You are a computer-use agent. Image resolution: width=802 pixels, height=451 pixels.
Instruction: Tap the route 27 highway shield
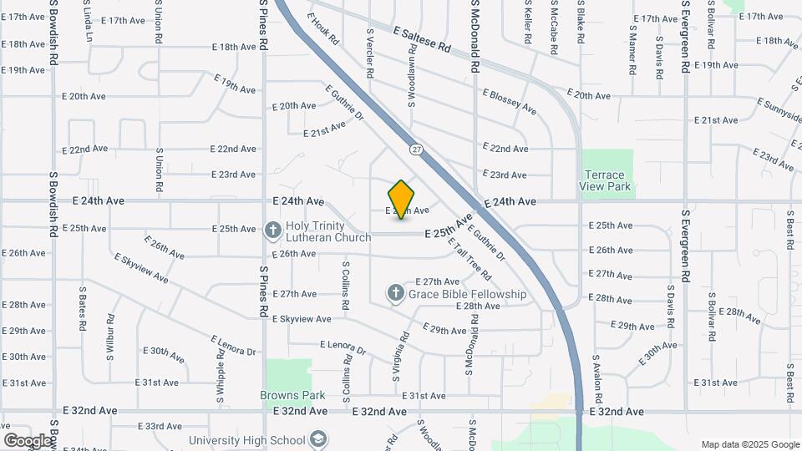click(x=415, y=148)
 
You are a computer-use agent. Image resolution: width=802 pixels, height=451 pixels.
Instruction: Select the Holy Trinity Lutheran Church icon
click(x=273, y=230)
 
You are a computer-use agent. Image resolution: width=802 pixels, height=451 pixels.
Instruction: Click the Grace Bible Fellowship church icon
click(x=395, y=293)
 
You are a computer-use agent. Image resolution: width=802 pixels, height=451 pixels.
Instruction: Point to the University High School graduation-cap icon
click(x=317, y=439)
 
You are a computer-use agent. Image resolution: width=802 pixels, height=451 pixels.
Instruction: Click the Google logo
click(x=28, y=440)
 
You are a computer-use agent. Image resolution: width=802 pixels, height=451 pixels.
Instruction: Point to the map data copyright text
click(x=749, y=444)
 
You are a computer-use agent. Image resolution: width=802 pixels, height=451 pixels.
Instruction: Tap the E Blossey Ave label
click(x=510, y=100)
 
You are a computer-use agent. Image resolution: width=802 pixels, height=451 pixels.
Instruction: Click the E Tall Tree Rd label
click(x=469, y=260)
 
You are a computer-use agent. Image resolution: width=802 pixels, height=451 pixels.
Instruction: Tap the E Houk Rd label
click(x=322, y=28)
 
